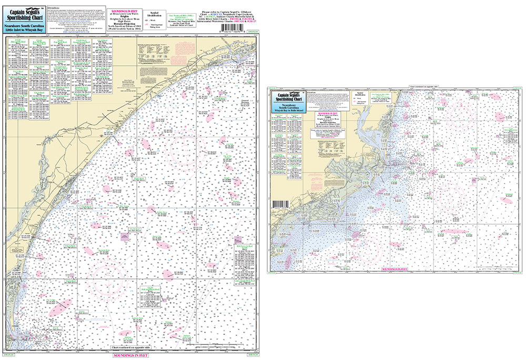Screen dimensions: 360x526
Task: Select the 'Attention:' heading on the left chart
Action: click(x=53, y=9)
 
